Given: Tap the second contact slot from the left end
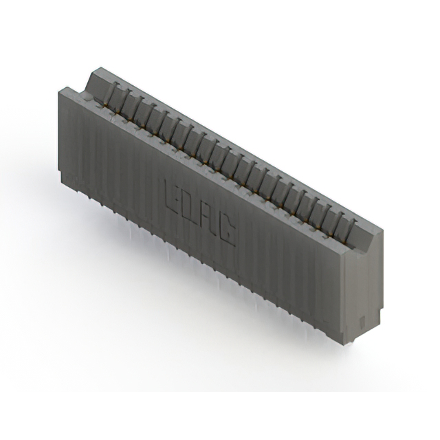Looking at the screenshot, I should pyautogui.click(x=129, y=102).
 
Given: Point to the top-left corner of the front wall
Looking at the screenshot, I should pyautogui.click(x=61, y=90).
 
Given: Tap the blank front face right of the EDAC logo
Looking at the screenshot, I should pyautogui.click(x=289, y=268).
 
